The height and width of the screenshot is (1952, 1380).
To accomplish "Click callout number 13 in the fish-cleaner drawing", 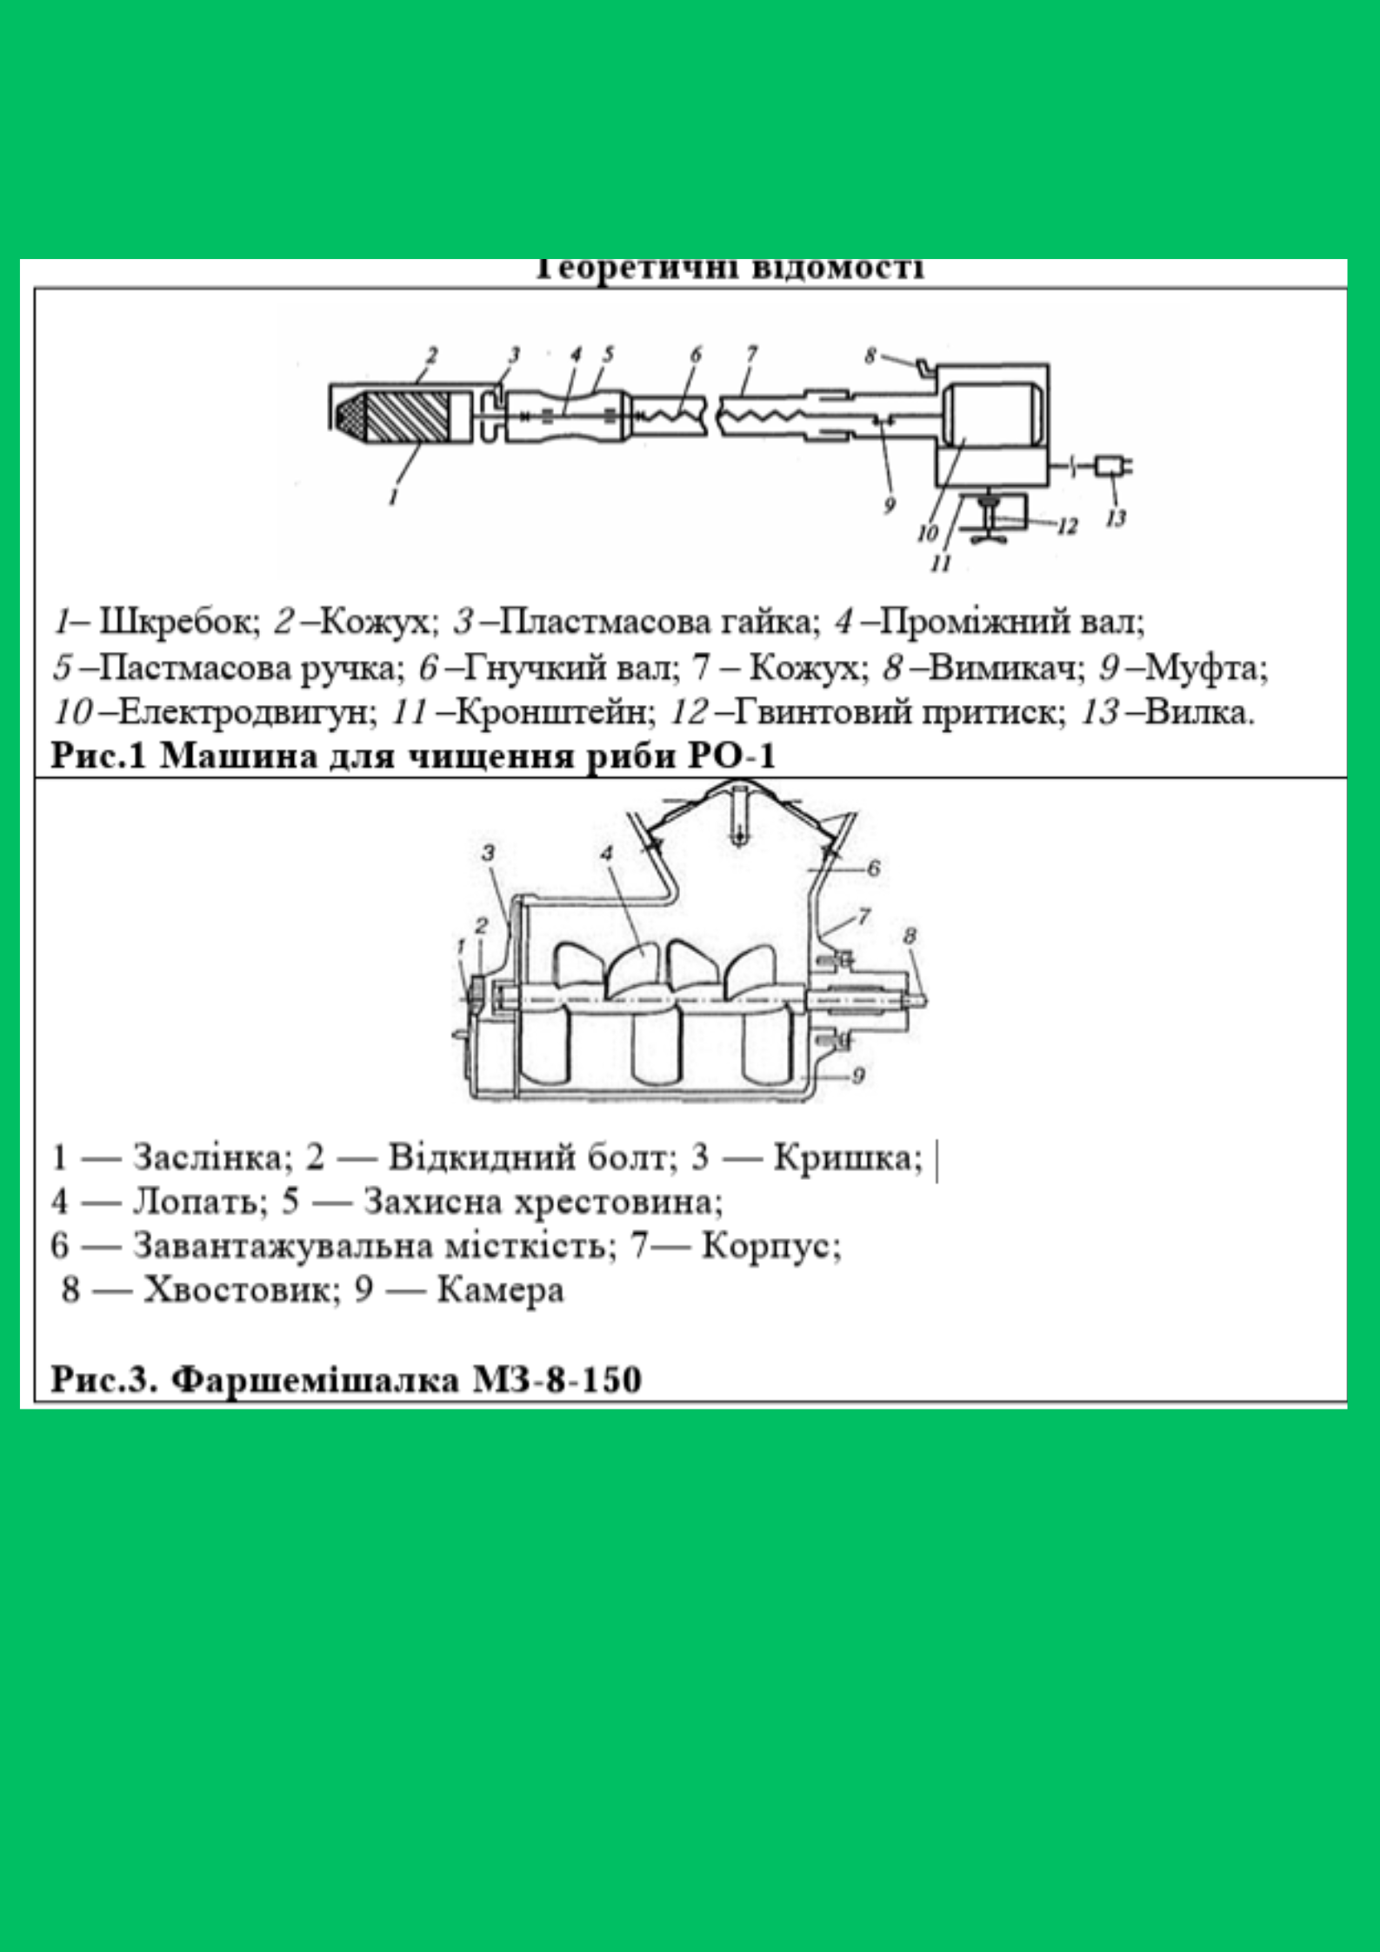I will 1116,518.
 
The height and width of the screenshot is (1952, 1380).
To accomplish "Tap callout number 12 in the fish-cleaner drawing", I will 1067,526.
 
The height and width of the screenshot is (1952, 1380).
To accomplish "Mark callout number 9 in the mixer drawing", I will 858,1076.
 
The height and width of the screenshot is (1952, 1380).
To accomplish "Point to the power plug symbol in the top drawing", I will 1110,466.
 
